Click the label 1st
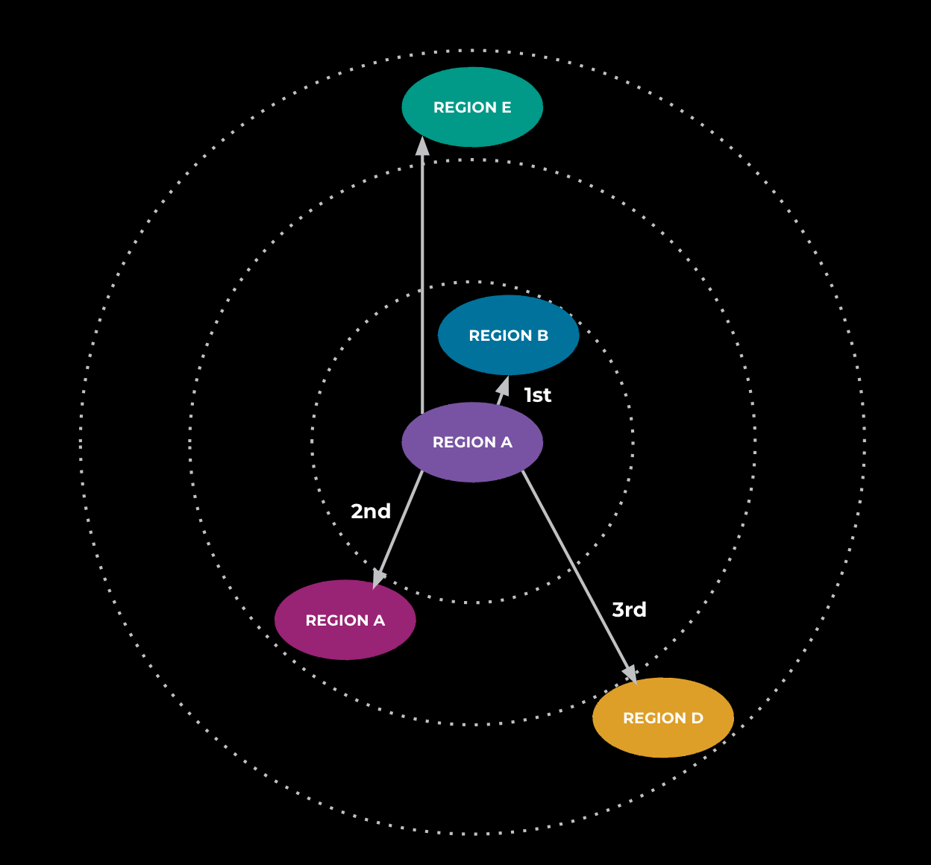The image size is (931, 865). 538,395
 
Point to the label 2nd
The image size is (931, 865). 371,512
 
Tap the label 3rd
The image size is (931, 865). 629,610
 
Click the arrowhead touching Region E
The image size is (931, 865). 422,146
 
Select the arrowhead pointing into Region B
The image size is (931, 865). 504,386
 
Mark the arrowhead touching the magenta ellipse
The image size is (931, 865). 379,578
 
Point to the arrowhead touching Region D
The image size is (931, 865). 630,673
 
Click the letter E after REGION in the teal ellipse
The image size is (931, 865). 507,107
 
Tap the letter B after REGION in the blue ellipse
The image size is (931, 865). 542,336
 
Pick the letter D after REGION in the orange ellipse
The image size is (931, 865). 698,718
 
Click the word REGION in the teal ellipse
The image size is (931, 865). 465,107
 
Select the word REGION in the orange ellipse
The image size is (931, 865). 654,718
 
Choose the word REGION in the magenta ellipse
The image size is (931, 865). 337,620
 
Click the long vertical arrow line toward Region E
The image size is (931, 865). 422,283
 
